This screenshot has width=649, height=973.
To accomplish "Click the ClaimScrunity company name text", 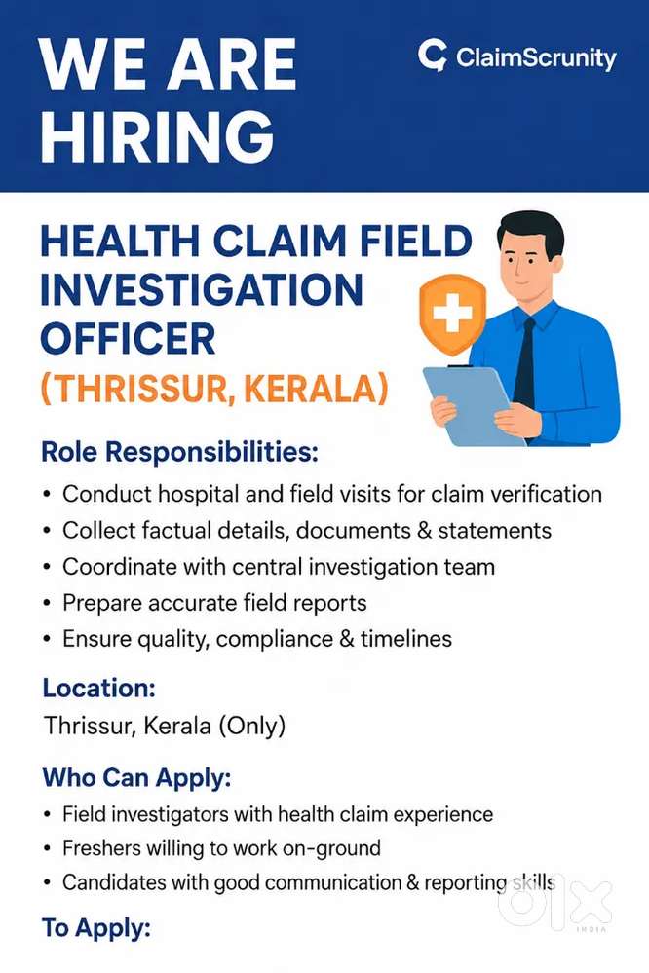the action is point(536,58).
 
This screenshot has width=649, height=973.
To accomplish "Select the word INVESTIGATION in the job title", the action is point(202,290).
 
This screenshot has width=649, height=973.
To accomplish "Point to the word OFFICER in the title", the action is point(128,339).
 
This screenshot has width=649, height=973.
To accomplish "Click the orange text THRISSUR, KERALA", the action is point(214,389).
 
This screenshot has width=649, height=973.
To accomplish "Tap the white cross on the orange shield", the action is point(453,312).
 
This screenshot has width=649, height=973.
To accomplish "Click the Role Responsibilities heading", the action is point(179,452).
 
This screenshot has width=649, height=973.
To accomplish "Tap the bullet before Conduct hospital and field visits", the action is point(47,495).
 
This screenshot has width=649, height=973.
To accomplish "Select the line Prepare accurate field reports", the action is point(214,603).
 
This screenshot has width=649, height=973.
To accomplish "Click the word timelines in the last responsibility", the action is point(406,639).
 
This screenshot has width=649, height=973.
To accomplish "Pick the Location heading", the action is point(98,689).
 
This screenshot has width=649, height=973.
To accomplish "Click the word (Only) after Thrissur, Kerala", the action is point(252,726).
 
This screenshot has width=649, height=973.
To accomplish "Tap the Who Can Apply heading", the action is point(136,777).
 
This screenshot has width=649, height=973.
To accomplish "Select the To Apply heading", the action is point(96,929).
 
